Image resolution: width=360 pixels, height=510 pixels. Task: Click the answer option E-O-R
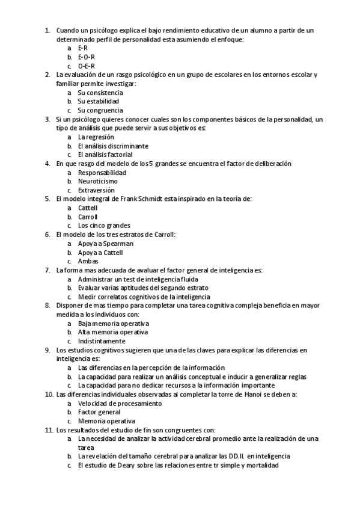(x=87, y=57)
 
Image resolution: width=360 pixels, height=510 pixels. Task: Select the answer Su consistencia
(x=100, y=93)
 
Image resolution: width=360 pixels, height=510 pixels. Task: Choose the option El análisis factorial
(x=105, y=155)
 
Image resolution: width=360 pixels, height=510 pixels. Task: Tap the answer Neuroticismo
(x=97, y=181)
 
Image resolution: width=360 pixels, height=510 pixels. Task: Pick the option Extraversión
(x=96, y=190)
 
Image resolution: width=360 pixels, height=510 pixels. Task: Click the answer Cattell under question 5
(x=88, y=207)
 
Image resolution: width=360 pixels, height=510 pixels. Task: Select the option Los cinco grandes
(x=104, y=226)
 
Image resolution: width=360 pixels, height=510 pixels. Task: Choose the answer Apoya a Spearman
(x=105, y=244)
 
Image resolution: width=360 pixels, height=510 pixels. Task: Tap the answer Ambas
(x=88, y=261)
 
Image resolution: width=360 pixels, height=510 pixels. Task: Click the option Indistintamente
(x=101, y=341)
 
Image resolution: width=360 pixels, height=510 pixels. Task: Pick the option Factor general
(x=99, y=412)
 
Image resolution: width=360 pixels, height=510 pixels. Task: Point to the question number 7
(x=47, y=270)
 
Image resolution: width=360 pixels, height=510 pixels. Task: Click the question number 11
(x=49, y=430)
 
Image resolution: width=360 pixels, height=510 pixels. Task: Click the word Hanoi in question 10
(x=227, y=394)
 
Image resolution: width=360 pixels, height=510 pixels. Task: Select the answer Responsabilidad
(x=102, y=173)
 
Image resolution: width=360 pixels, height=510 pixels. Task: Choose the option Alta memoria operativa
(x=113, y=332)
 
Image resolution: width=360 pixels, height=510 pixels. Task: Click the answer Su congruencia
(x=100, y=110)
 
